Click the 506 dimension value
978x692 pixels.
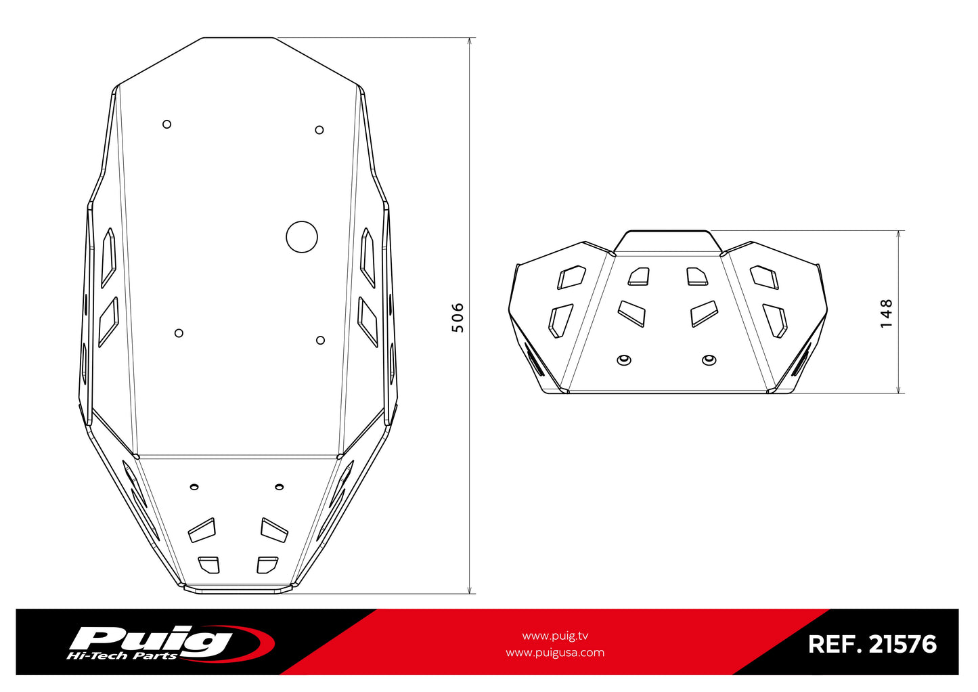point(458,318)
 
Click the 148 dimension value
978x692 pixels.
point(887,313)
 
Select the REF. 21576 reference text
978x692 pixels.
point(872,644)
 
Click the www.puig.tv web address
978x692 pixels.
point(555,636)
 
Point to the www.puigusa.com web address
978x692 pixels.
point(555,653)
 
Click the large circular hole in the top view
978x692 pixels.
point(302,237)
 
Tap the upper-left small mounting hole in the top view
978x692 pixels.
point(167,124)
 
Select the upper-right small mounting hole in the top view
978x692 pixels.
point(319,130)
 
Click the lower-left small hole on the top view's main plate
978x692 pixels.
point(179,333)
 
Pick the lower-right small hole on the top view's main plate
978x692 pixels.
point(321,340)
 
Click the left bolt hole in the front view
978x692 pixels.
point(624,360)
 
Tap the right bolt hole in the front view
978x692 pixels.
point(709,359)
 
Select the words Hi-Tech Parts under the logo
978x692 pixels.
point(122,655)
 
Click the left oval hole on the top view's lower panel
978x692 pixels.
point(194,486)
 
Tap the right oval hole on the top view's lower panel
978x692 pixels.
point(279,486)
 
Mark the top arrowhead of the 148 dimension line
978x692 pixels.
point(899,235)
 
